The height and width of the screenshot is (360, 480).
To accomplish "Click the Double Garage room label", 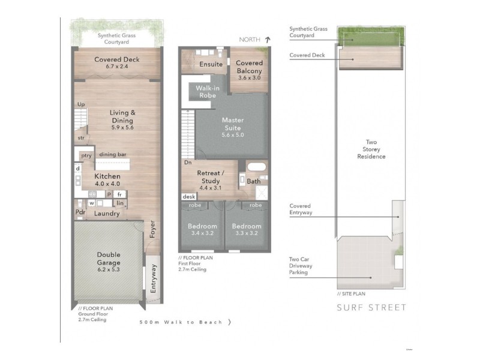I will click(x=109, y=262).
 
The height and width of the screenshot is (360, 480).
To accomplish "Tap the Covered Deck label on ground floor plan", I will click(x=118, y=62).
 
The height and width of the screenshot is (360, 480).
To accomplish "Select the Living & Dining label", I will click(x=122, y=119).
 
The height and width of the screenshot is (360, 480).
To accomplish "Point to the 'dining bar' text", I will click(x=112, y=155).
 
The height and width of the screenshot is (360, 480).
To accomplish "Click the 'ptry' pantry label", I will click(x=86, y=155).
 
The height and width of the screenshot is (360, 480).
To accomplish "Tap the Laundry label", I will click(x=107, y=214).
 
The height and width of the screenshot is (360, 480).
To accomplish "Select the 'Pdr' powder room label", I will click(x=80, y=212).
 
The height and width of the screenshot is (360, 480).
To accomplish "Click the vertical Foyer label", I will click(x=152, y=231).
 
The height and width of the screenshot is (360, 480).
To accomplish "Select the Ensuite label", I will click(x=211, y=64).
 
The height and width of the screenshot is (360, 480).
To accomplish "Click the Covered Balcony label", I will click(x=249, y=70).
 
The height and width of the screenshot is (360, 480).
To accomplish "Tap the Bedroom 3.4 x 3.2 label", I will click(x=202, y=230).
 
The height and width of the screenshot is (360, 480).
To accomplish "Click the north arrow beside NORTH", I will click(x=268, y=40).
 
